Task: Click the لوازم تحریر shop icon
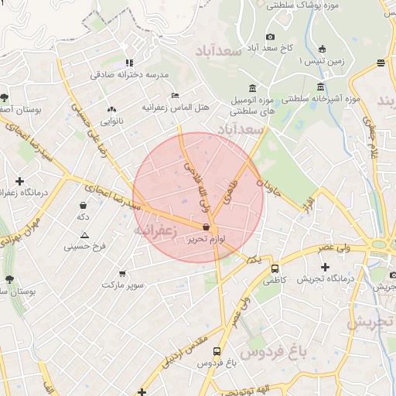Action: [206, 227]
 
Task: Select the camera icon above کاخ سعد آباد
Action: [270, 36]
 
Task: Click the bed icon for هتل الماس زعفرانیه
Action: [176, 95]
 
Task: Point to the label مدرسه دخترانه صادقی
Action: [130, 75]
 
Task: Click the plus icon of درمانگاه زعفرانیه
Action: [19, 181]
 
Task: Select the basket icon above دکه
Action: [83, 205]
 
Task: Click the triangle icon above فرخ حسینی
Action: [84, 234]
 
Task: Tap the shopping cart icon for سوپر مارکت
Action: [121, 273]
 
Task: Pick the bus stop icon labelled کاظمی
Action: [275, 268]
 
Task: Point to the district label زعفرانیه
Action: [155, 230]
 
